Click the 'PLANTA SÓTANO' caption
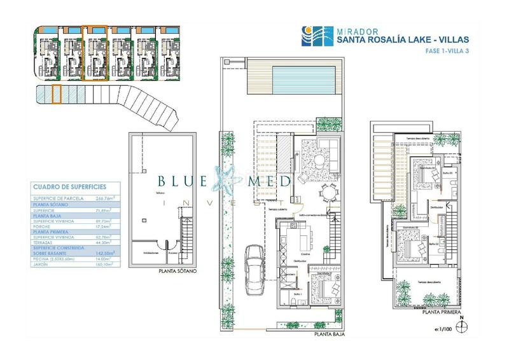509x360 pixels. click(173, 271)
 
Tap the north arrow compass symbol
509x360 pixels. click(466, 325)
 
